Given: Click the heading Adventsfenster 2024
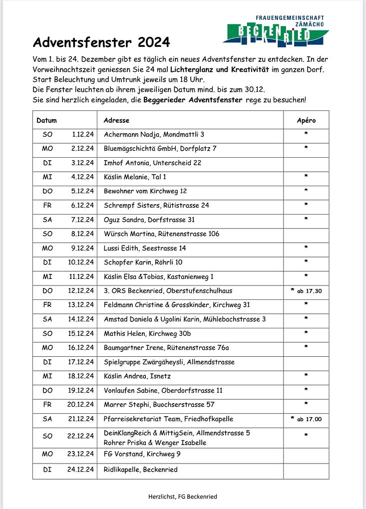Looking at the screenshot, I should (x=101, y=41).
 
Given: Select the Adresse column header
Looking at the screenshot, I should (x=116, y=120).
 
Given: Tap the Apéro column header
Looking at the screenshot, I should (x=306, y=120).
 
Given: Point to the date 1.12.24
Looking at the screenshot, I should (x=83, y=134).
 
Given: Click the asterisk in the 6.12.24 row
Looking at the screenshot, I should (x=306, y=205).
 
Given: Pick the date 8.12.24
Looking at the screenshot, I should (x=83, y=234).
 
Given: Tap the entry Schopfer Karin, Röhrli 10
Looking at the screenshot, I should (x=143, y=262).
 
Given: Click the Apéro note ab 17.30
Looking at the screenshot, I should (x=309, y=291).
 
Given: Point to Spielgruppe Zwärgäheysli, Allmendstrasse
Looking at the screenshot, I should (x=169, y=362).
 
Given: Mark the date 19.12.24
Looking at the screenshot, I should (x=81, y=390).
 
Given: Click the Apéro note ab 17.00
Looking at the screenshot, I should (x=309, y=419).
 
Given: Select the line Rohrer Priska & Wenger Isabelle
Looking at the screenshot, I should (x=155, y=443).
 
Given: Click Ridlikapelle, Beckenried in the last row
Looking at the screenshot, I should (x=140, y=470).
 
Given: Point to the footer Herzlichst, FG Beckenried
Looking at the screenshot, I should (x=182, y=497).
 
